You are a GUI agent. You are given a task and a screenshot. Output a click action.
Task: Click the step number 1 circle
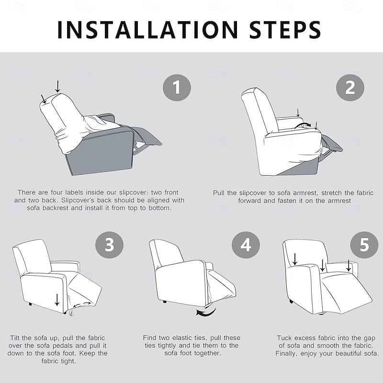pos(177,88)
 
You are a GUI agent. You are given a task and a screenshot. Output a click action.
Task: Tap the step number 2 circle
pos(350,88)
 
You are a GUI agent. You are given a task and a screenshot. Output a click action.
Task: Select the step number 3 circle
pos(109,245)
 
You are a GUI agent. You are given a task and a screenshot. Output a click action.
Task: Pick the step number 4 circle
pos(246,245)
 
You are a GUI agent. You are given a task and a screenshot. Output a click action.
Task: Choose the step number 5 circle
pos(364,245)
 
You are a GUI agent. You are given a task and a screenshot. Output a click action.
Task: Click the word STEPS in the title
pos(285,30)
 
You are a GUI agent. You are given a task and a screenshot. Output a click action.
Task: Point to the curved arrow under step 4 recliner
pos(206,313)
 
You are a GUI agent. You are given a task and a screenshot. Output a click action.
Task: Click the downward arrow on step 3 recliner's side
pos(57,300)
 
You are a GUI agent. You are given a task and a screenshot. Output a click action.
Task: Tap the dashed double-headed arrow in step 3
pos(82,304)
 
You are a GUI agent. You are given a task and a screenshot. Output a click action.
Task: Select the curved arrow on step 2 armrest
pos(303,125)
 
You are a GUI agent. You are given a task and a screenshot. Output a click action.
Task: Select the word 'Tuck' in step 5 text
pos(284,338)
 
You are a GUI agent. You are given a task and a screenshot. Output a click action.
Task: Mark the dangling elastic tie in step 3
pos(71,313)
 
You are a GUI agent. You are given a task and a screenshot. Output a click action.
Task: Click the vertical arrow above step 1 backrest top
pos(57,87)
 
